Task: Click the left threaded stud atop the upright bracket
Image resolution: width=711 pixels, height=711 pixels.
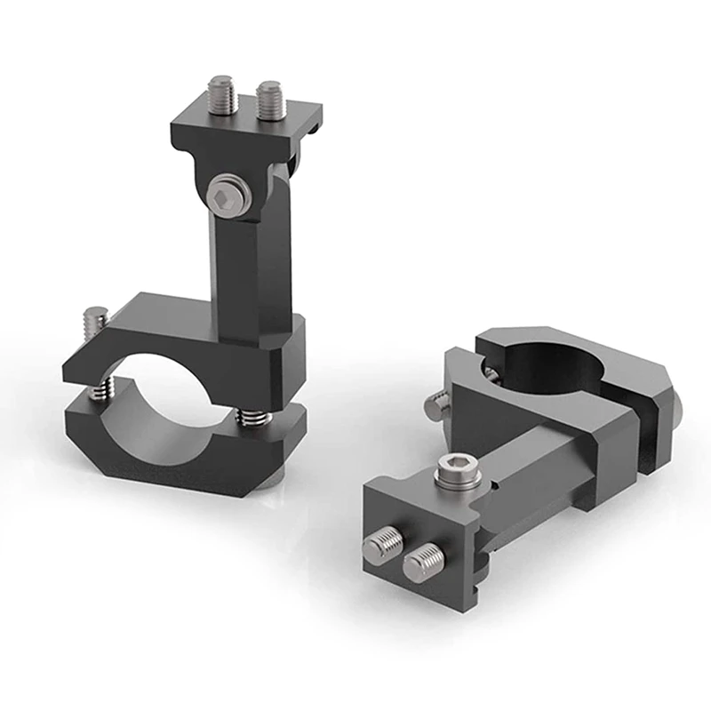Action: (x=222, y=94)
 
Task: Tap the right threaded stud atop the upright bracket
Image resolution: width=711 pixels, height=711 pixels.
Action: (x=270, y=100)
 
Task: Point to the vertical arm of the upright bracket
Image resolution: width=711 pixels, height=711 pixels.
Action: (x=253, y=267)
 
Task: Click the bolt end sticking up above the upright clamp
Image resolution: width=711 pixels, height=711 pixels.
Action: (x=95, y=318)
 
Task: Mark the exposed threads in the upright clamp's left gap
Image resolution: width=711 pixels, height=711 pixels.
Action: (x=103, y=387)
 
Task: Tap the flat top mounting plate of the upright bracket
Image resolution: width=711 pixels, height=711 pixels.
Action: (x=244, y=129)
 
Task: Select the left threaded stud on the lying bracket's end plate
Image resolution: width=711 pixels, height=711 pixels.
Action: (x=384, y=545)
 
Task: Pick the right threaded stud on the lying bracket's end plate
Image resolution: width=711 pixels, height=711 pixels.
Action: (x=423, y=563)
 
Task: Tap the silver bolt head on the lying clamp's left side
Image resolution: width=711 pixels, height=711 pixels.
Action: (x=435, y=406)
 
